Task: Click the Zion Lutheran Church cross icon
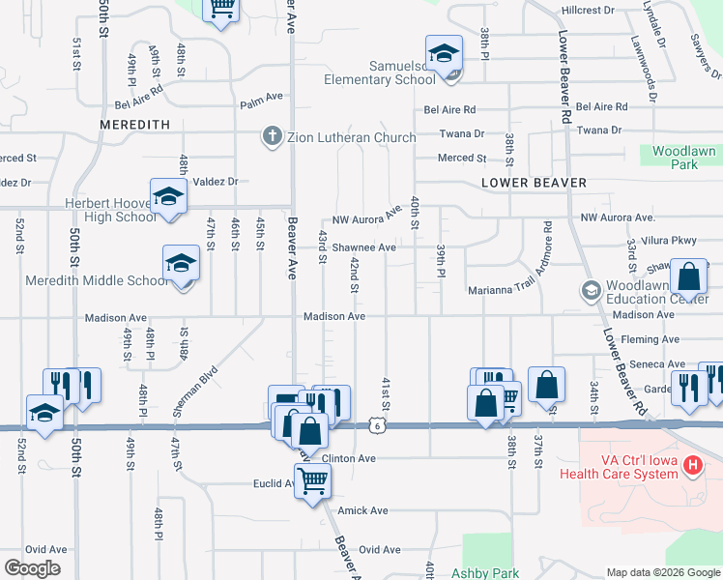[274, 137]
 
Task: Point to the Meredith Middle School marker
[181, 263]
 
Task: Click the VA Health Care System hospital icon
[692, 465]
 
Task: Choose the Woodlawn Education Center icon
[591, 290]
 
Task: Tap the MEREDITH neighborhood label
[135, 125]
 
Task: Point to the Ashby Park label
[490, 573]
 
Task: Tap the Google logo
[32, 568]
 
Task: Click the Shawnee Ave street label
[364, 247]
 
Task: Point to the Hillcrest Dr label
[588, 11]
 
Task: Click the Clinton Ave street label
[348, 458]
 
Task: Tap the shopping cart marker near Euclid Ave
[313, 478]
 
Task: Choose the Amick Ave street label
[362, 510]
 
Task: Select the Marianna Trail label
[501, 289]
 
